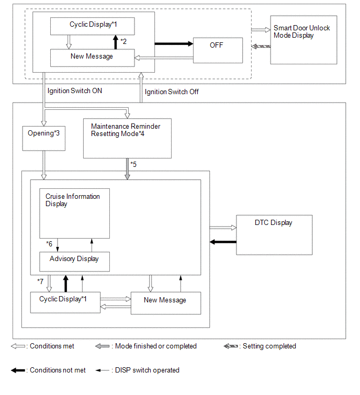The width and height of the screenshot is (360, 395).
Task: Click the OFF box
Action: pyautogui.click(x=218, y=50)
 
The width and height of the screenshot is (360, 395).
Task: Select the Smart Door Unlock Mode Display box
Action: pyautogui.click(x=303, y=40)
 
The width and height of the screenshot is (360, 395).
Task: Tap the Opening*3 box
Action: pyautogui.click(x=44, y=138)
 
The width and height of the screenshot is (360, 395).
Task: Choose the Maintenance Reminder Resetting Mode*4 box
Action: pyautogui.click(x=127, y=138)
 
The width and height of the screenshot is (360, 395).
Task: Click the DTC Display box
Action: pyautogui.click(x=274, y=235)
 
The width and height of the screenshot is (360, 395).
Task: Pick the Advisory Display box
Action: pyautogui.click(x=75, y=262)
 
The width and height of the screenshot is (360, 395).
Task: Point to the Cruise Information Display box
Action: pyautogui.click(x=75, y=213)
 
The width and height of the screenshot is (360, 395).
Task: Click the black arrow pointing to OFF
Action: pyautogui.click(x=174, y=44)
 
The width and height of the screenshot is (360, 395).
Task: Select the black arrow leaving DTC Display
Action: pyautogui.click(x=223, y=242)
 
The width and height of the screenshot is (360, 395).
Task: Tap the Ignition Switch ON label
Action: pyautogui.click(x=75, y=91)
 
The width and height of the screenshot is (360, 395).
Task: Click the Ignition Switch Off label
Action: pyautogui.click(x=172, y=92)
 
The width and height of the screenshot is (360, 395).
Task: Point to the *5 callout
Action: pyautogui.click(x=133, y=164)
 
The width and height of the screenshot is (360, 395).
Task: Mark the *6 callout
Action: pyautogui.click(x=49, y=244)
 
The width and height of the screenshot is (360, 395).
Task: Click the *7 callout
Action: pyautogui.click(x=40, y=281)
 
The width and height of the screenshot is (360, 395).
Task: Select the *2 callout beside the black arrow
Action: pyautogui.click(x=123, y=41)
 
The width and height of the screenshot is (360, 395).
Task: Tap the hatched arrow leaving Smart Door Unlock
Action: pyautogui.click(x=261, y=47)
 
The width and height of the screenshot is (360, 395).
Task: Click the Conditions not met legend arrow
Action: pyautogui.click(x=18, y=370)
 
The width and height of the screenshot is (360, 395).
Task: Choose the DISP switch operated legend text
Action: pyautogui.click(x=147, y=370)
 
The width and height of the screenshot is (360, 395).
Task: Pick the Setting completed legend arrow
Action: pyautogui.click(x=231, y=346)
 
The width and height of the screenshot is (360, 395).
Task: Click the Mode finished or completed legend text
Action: pyautogui.click(x=156, y=346)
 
